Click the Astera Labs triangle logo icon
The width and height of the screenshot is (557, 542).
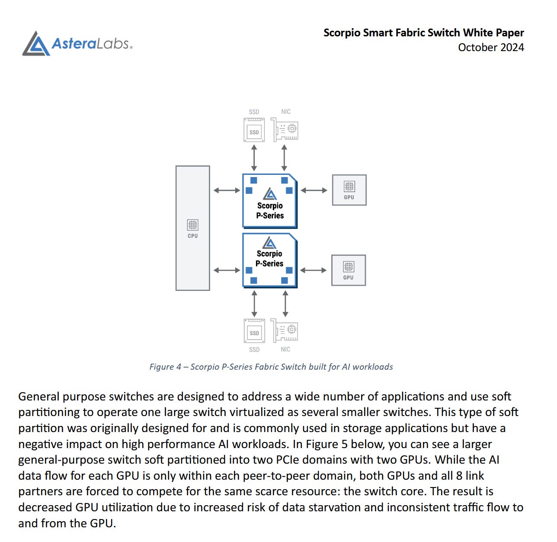pyautogui.click(x=36, y=44)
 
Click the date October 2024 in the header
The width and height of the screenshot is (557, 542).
pyautogui.click(x=491, y=48)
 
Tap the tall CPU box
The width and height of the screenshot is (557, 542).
pyautogui.click(x=193, y=228)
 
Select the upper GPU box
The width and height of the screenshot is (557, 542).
pyautogui.click(x=349, y=190)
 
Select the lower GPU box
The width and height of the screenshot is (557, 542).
pyautogui.click(x=349, y=270)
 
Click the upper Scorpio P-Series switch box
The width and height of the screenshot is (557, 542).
pyautogui.click(x=270, y=201)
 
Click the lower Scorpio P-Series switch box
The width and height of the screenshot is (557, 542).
pyautogui.click(x=270, y=260)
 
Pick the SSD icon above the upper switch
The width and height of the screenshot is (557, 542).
pyautogui.click(x=254, y=130)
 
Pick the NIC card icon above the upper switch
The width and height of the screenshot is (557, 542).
pyautogui.click(x=285, y=130)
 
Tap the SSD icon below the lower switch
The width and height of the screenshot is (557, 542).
pyautogui.click(x=254, y=331)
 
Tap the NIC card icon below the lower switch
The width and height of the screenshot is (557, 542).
pyautogui.click(x=285, y=331)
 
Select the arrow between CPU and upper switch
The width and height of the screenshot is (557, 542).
pyautogui.click(x=227, y=190)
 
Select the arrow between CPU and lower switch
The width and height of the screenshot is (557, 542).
pyautogui.click(x=227, y=270)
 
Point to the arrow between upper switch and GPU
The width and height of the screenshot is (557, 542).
pyautogui.click(x=314, y=190)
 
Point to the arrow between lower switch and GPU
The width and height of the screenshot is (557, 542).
pyautogui.click(x=314, y=270)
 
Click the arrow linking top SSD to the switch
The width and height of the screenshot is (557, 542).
pyautogui.click(x=254, y=158)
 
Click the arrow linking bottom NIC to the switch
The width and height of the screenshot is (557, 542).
pyautogui.click(x=285, y=303)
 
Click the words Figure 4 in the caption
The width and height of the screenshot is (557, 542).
pyautogui.click(x=165, y=367)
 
